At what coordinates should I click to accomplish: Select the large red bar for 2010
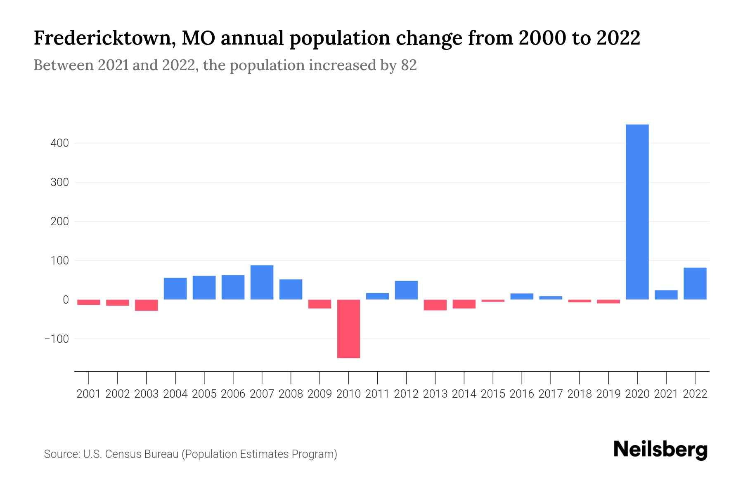(348, 329)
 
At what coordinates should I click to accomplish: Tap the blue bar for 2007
(262, 282)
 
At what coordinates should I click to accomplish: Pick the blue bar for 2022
(695, 283)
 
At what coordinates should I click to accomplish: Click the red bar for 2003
(147, 305)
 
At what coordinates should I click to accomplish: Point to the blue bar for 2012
(406, 290)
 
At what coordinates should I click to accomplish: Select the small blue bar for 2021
(666, 295)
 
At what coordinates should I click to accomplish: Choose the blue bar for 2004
(175, 289)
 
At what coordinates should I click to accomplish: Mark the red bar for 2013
(435, 305)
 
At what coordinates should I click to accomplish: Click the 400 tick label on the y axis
(59, 144)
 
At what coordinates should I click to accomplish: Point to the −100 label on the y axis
(57, 339)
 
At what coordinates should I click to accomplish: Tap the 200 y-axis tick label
(59, 222)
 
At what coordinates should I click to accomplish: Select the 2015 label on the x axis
(493, 394)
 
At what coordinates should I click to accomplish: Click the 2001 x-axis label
(89, 394)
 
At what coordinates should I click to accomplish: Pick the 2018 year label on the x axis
(580, 394)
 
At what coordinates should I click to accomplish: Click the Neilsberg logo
(660, 450)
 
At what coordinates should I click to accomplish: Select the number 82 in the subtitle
(409, 65)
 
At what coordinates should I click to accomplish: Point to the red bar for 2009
(319, 304)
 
